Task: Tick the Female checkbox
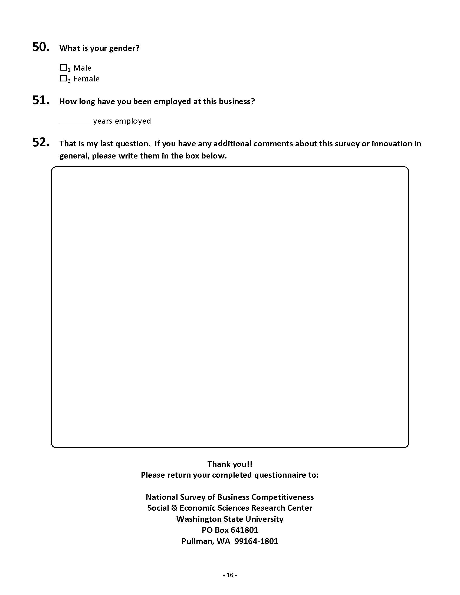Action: pyautogui.click(x=63, y=78)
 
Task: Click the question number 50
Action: pyautogui.click(x=41, y=47)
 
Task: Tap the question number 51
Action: pyautogui.click(x=41, y=100)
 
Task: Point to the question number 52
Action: pyautogui.click(x=41, y=143)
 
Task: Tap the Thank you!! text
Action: pyautogui.click(x=230, y=464)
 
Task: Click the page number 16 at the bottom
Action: pyautogui.click(x=230, y=575)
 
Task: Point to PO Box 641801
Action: pyautogui.click(x=230, y=530)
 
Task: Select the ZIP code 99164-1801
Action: pyautogui.click(x=256, y=541)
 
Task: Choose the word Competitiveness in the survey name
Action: pyautogui.click(x=282, y=497)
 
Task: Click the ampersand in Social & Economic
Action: pyautogui.click(x=174, y=508)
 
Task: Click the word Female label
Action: pyautogui.click(x=86, y=79)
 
